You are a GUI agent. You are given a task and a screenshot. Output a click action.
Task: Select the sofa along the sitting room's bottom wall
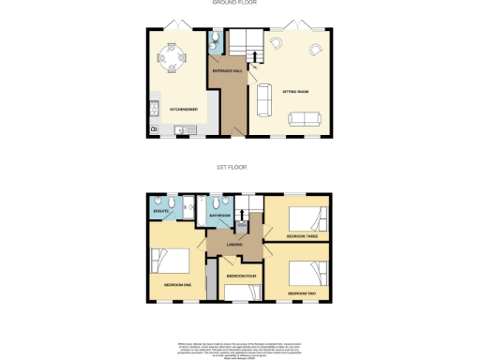tap(302, 118)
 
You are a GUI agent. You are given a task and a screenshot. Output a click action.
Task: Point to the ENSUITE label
tap(159, 211)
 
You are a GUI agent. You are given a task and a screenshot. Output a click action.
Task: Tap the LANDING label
tap(234, 245)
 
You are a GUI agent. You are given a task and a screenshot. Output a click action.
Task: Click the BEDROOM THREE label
tap(300, 236)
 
